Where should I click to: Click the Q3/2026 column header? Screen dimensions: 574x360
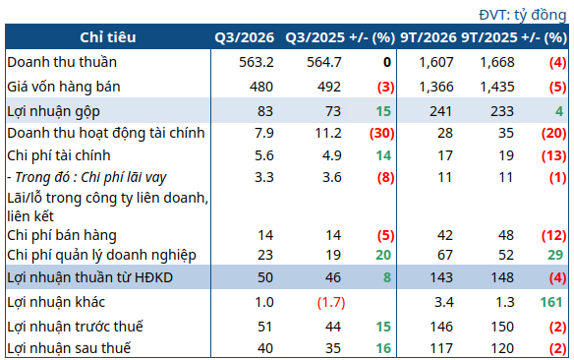tap(244, 37)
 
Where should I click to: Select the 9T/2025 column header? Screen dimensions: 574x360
tap(489, 37)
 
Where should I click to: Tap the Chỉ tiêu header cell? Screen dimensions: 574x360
tap(108, 37)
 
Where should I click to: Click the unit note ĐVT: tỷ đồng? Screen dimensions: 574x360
tap(523, 15)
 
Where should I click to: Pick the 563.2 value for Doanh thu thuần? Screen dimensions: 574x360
tap(257, 62)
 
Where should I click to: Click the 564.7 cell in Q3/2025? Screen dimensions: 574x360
tap(324, 62)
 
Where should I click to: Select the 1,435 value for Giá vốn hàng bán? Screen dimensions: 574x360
tap(497, 87)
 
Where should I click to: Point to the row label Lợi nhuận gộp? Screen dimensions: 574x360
tap(53, 112)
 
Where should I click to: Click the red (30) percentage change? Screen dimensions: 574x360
tap(381, 133)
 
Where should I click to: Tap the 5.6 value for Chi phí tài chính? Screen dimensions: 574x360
tap(264, 155)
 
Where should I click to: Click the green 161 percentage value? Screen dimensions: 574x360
tap(551, 302)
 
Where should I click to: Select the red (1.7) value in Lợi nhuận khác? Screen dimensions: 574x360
tap(331, 303)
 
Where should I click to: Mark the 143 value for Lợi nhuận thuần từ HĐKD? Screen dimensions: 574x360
tap(441, 277)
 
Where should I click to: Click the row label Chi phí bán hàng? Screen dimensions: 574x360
tap(62, 235)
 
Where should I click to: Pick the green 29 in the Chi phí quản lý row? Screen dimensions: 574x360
tap(555, 255)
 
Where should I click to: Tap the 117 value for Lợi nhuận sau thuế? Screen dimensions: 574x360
tap(441, 348)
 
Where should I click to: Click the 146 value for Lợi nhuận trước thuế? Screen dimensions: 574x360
tap(441, 327)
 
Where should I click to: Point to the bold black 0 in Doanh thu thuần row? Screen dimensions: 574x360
tap(387, 62)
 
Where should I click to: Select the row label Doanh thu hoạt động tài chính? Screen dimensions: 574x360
tap(106, 134)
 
